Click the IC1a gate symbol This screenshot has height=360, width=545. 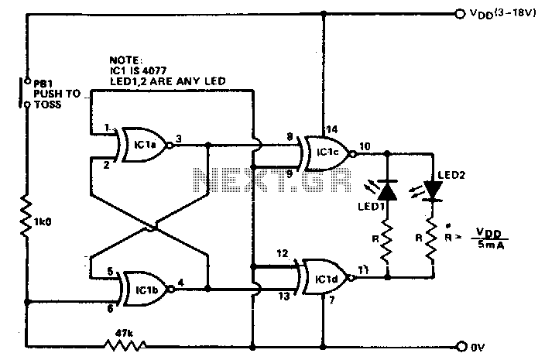point(143,146)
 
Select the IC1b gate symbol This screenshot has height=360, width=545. point(146,289)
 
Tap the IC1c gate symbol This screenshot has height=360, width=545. point(327,153)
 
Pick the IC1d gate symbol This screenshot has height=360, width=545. point(326,277)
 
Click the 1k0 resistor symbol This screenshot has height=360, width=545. point(26,216)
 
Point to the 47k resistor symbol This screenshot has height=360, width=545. point(125,345)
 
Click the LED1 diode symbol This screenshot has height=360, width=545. point(388,190)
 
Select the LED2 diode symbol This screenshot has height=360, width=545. point(433,191)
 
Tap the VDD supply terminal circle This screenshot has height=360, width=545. point(460,14)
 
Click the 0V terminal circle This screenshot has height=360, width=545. point(461,346)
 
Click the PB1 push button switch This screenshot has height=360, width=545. point(24,93)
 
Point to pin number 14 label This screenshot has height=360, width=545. point(331,129)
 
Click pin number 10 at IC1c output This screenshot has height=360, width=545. point(365,146)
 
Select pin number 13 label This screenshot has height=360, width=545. point(284,296)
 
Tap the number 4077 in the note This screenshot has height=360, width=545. point(154,70)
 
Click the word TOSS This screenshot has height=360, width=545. point(48,105)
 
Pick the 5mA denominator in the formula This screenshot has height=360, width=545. point(491,245)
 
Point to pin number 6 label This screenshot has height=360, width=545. point(110,308)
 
